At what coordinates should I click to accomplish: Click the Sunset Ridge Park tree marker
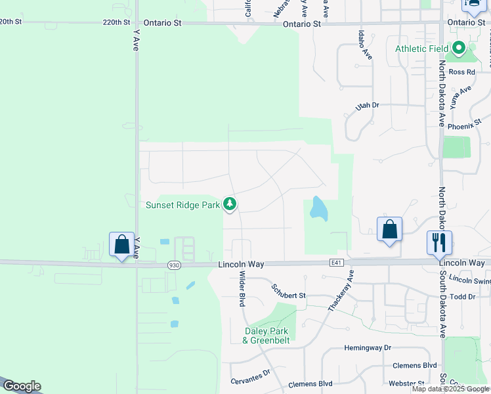point(230,204)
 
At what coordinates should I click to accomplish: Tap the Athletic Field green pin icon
point(459,49)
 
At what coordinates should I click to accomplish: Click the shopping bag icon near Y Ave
point(122,244)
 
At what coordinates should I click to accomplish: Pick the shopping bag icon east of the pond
point(390,229)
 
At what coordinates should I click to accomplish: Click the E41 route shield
point(337,263)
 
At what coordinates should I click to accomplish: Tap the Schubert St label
point(289,295)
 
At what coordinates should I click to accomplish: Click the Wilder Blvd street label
point(242,289)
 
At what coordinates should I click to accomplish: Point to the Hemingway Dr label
point(368,347)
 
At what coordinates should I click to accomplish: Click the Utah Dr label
point(368,105)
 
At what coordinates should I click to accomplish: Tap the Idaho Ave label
point(365,45)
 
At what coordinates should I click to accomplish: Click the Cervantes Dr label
point(250,376)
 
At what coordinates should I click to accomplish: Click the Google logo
point(22,386)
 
